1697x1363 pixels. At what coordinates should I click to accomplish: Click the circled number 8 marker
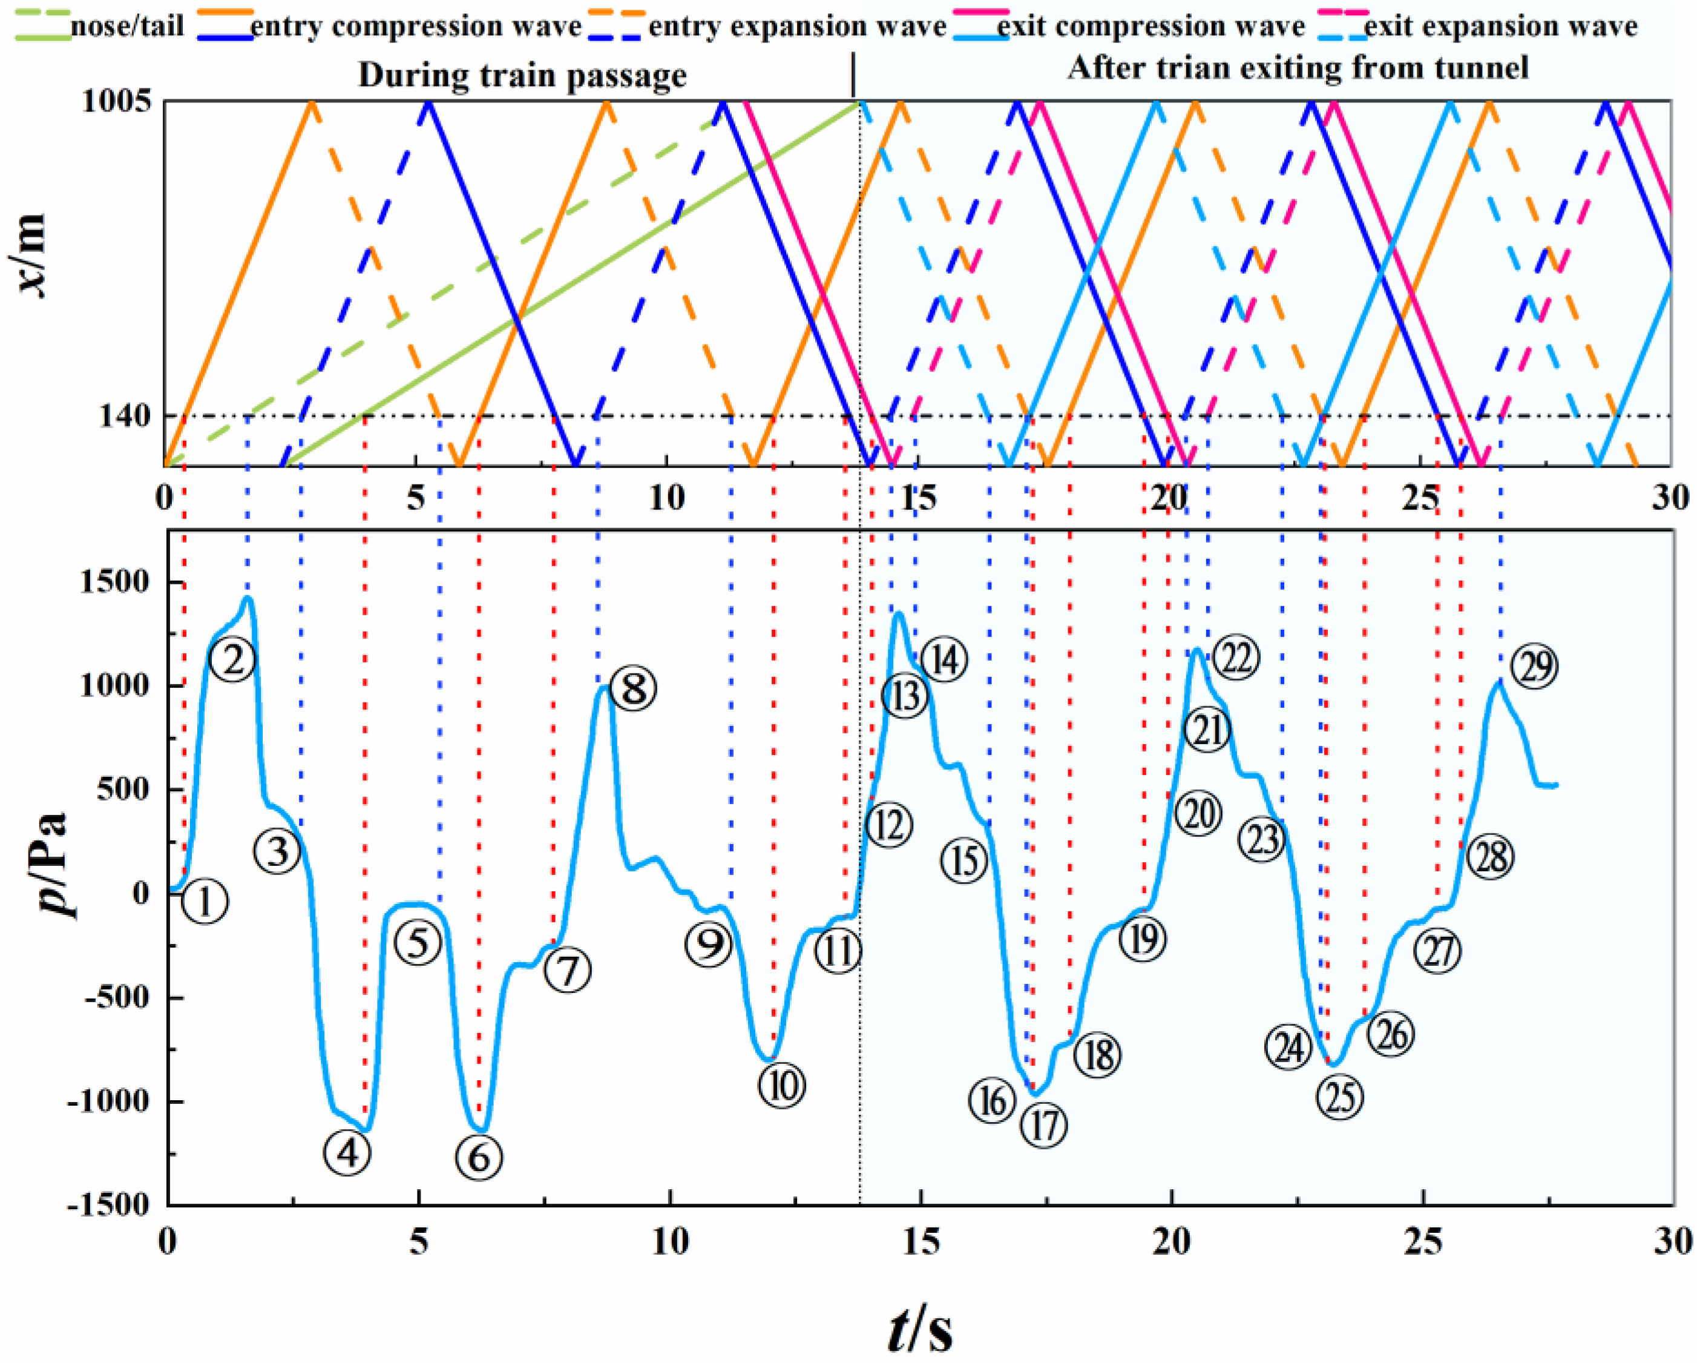click(x=633, y=688)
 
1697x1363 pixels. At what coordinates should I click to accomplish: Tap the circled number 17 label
click(x=1044, y=1125)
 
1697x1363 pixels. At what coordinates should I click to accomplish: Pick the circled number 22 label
click(x=1236, y=658)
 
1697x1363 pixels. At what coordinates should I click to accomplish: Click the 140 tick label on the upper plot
click(x=124, y=417)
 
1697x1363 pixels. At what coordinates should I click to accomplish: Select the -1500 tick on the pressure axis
click(x=110, y=1206)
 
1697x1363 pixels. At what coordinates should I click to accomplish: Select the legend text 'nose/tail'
click(x=126, y=27)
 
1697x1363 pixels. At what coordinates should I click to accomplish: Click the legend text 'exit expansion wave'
click(x=1500, y=27)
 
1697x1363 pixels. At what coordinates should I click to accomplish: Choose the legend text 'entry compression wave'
click(x=416, y=27)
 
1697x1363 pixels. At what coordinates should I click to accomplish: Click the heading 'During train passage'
click(x=523, y=76)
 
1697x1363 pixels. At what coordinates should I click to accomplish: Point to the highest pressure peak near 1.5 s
click(x=248, y=598)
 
